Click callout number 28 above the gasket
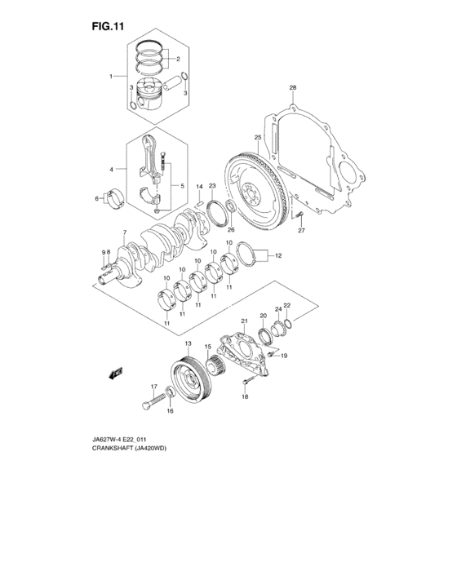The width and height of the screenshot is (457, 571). pyautogui.click(x=292, y=87)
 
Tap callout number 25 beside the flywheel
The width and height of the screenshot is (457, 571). pyautogui.click(x=257, y=137)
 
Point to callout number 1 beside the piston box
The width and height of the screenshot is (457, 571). pyautogui.click(x=112, y=76)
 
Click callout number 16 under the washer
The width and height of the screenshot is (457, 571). pyautogui.click(x=170, y=412)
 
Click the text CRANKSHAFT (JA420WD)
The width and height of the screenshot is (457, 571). pyautogui.click(x=128, y=458)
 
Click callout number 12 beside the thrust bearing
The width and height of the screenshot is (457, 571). pyautogui.click(x=277, y=256)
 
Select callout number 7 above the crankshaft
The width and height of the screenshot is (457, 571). pyautogui.click(x=123, y=233)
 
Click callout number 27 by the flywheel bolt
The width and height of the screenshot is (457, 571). pyautogui.click(x=300, y=231)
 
